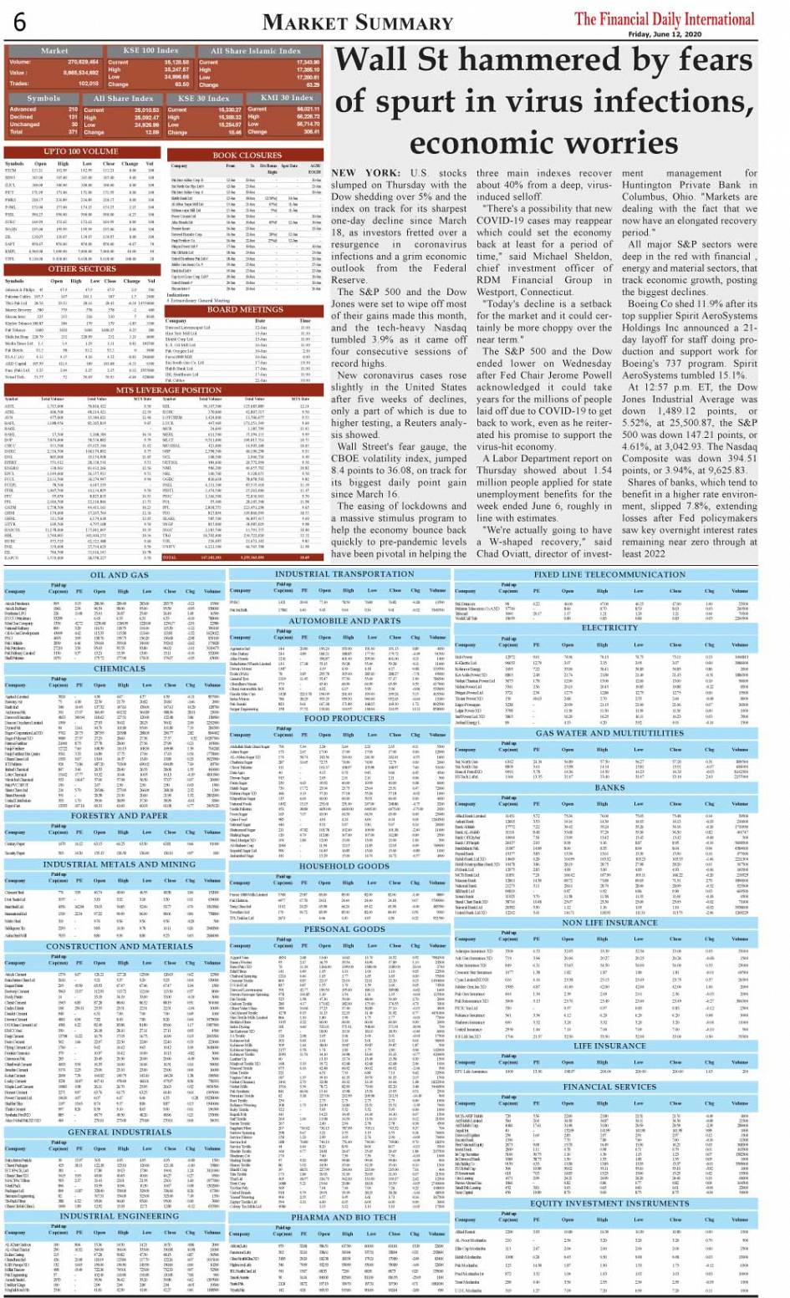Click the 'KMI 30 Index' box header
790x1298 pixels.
click(287, 98)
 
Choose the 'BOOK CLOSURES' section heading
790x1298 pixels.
click(247, 155)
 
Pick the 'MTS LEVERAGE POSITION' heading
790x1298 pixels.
click(157, 389)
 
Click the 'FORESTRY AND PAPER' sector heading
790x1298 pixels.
click(119, 815)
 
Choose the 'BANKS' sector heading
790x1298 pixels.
click(609, 787)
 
